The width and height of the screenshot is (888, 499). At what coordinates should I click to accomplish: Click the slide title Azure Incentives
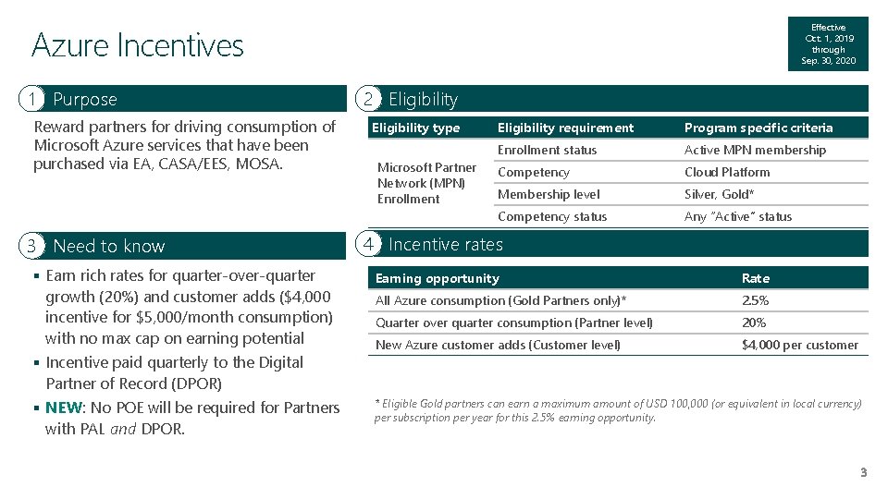point(138,45)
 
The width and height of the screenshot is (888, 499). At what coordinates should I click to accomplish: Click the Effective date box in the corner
point(828,44)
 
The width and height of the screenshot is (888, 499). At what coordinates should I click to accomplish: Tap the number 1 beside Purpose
point(32,99)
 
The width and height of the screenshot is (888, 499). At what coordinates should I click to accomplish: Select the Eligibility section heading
point(423,99)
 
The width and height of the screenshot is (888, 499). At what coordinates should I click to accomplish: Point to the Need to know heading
point(108,246)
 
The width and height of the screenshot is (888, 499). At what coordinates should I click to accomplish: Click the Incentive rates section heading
point(445,244)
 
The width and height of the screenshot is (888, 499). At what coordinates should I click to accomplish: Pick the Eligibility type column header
point(415,128)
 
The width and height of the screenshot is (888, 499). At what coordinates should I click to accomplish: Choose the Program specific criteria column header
point(758,128)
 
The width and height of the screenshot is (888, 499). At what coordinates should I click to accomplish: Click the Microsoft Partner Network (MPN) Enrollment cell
point(426,183)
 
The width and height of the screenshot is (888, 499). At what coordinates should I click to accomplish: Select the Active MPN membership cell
point(755,150)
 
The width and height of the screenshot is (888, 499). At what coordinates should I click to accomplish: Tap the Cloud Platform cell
point(726,172)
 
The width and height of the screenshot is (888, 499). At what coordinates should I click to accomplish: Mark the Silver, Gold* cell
point(719,194)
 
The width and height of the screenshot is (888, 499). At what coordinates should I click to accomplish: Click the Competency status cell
point(552,216)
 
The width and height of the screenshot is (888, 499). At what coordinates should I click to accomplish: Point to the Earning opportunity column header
point(437,278)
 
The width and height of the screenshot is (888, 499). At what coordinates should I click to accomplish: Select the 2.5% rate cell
point(755,300)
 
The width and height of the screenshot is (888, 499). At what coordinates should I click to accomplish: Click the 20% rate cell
point(754,323)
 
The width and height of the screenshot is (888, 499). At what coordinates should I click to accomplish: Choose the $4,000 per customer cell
point(799,345)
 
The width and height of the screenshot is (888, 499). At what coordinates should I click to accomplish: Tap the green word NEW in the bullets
point(63,408)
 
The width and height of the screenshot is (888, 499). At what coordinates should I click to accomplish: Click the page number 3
point(863,473)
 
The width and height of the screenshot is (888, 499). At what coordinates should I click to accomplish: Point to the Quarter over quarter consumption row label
point(513,323)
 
